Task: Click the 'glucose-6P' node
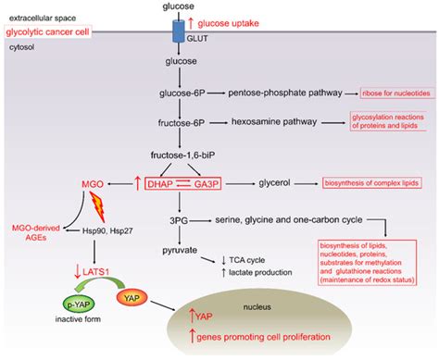point(181,93)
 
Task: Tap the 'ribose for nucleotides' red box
point(395,93)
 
